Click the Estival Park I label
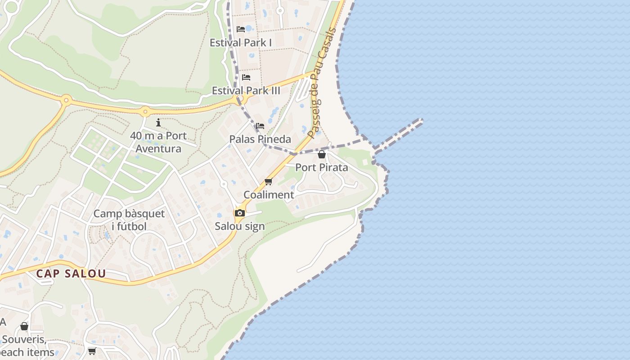pyautogui.click(x=241, y=43)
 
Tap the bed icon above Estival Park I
pyautogui.click(x=241, y=29)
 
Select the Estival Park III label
pyautogui.click(x=246, y=90)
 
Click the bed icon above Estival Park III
pyautogui.click(x=246, y=77)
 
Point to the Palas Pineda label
pyautogui.click(x=260, y=139)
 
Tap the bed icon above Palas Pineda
pyautogui.click(x=260, y=126)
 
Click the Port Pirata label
pyautogui.click(x=322, y=167)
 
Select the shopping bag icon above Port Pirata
pyautogui.click(x=322, y=154)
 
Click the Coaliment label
pyautogui.click(x=269, y=194)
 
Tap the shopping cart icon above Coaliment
pyautogui.click(x=269, y=181)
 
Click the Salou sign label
pyautogui.click(x=240, y=226)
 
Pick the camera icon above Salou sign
pyautogui.click(x=240, y=213)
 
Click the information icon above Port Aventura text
pyautogui.click(x=158, y=122)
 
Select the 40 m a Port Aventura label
pyautogui.click(x=158, y=142)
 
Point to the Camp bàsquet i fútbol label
pyautogui.click(x=129, y=220)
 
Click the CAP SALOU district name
pyautogui.click(x=71, y=273)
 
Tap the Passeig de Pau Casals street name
pyautogui.click(x=322, y=83)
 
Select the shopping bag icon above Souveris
pyautogui.click(x=24, y=326)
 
